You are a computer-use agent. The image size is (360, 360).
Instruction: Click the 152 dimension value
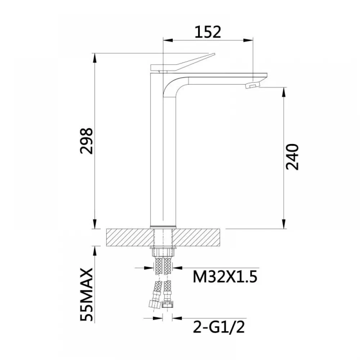[x=208, y=32]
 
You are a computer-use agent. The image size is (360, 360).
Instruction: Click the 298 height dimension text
[x=86, y=141]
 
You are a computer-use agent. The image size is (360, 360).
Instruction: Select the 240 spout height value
[x=292, y=157]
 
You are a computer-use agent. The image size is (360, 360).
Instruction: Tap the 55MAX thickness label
[x=86, y=294]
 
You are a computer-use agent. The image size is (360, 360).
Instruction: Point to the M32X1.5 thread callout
[x=225, y=276]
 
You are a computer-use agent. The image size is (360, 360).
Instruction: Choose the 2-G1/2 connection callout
[x=219, y=327]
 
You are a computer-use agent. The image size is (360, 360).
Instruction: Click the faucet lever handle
[x=183, y=63]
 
